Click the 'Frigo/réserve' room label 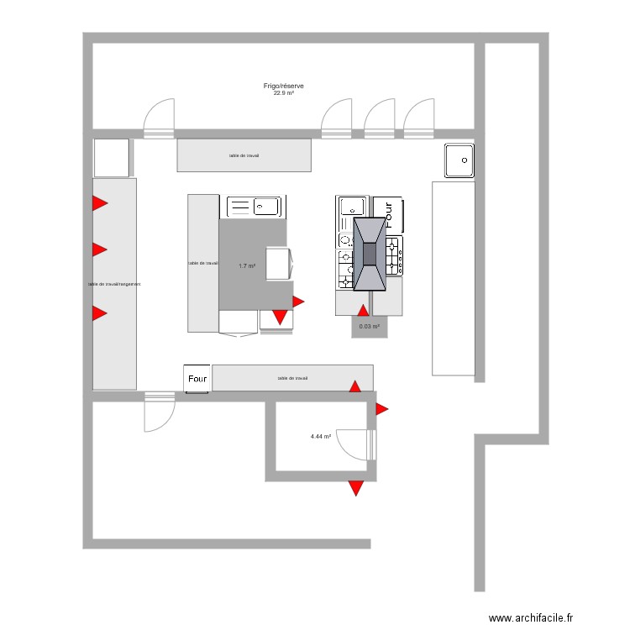pos(283,86)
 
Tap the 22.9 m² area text pos(283,93)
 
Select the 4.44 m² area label pos(320,437)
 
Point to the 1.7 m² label pos(246,266)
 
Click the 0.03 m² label pos(369,327)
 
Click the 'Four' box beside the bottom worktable pos(197,379)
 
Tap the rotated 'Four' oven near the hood pos(388,214)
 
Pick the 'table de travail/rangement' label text pos(114,284)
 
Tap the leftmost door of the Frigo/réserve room pos(159,117)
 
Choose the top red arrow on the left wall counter pos(99,202)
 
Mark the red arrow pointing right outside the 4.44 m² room pos(381,409)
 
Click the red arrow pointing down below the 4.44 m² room pos(356,487)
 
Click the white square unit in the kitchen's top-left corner pos(112,157)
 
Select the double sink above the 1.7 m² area pos(255,206)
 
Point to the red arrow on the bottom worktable pos(355,386)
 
